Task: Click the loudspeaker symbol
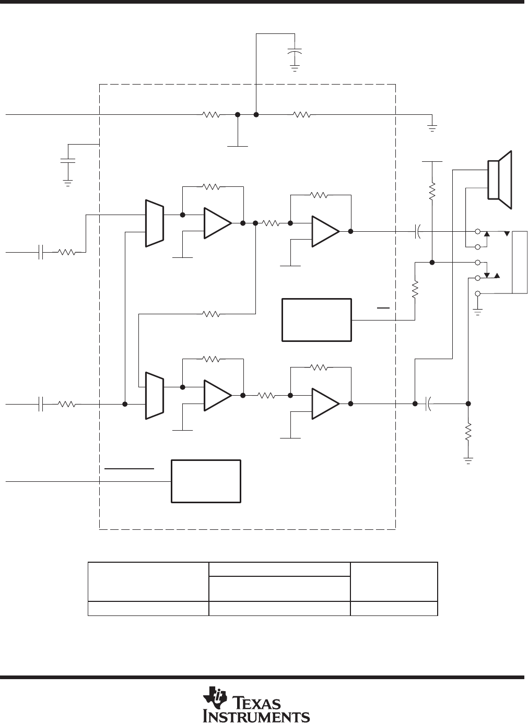tap(500, 180)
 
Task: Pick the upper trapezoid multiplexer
tap(155, 223)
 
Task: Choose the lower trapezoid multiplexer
tap(155, 396)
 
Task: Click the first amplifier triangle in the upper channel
tap(218, 223)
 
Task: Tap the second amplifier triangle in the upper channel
tap(325, 231)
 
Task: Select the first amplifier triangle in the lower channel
tap(218, 395)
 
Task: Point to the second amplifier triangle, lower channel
tap(325, 404)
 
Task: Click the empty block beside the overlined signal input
tap(206, 481)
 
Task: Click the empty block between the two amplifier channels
tap(317, 320)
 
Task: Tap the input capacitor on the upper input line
tap(41, 252)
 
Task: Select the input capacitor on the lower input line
tap(41, 404)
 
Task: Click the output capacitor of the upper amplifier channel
tap(418, 231)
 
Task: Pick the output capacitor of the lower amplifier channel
tap(428, 404)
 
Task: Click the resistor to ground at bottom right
tap(468, 432)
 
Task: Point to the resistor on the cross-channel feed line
tap(211, 314)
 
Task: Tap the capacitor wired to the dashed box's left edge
tap(68, 160)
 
